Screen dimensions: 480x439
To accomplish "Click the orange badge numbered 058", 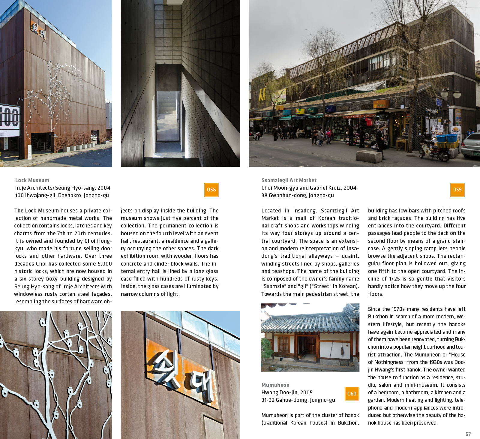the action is coord(211,190).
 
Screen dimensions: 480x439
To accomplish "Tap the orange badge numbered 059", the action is coord(457,190).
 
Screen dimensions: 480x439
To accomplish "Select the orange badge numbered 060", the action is coord(352,394).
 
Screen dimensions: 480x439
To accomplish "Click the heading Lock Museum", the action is coord(32,180).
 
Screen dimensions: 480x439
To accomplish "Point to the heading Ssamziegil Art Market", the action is coord(289,180).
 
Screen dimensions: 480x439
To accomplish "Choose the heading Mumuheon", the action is coord(275,385).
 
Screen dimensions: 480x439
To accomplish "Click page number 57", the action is coord(468,434).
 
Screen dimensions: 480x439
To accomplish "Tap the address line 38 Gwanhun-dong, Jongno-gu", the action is coord(297,195).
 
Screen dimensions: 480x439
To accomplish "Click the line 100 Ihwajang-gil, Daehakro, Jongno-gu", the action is coord(62,195).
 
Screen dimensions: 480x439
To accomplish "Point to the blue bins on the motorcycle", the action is coord(447,138).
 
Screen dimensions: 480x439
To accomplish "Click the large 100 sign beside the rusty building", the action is coord(10,117).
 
